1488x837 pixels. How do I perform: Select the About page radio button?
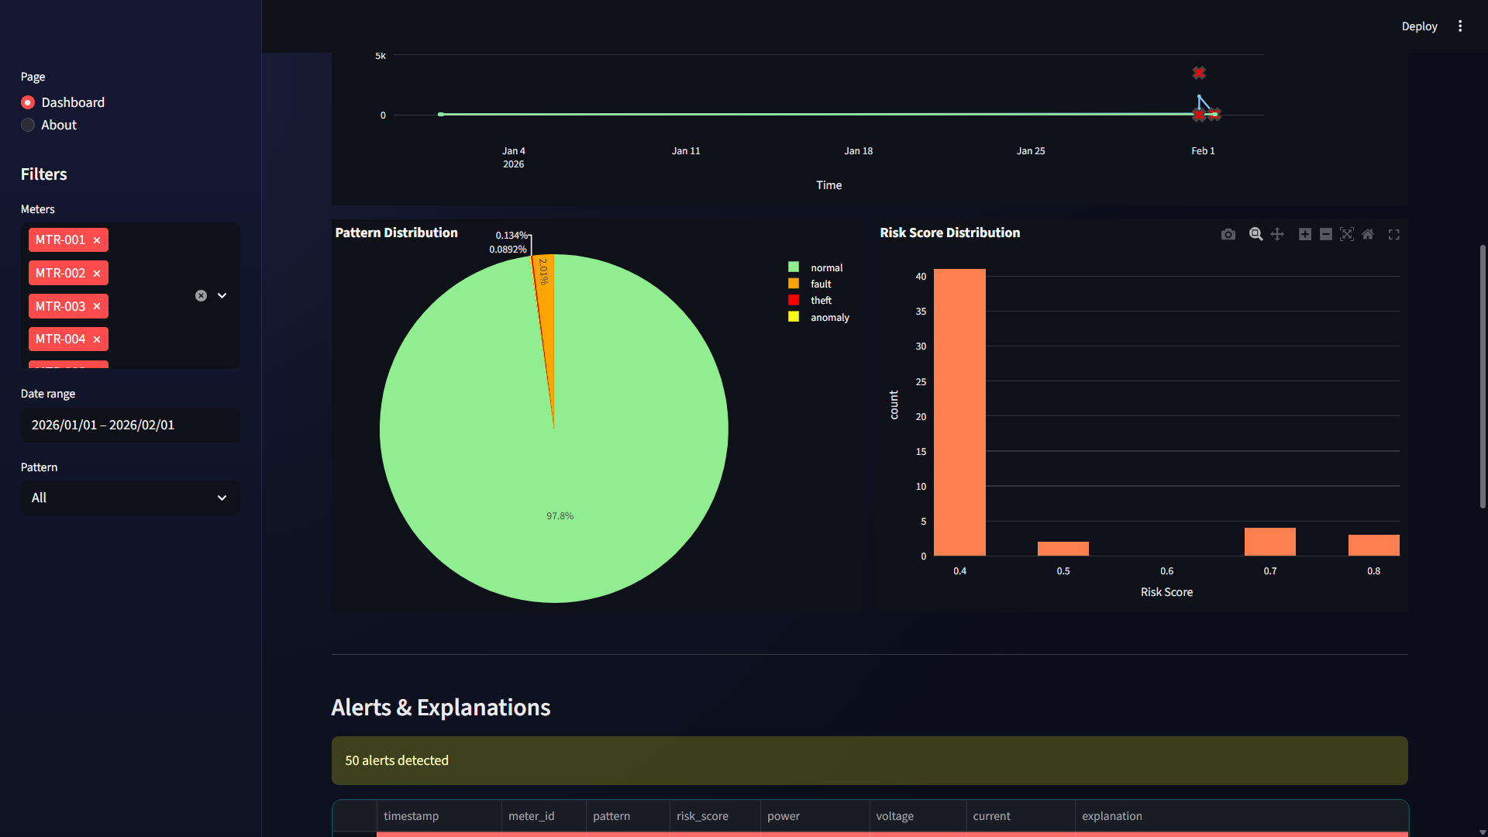pos(28,125)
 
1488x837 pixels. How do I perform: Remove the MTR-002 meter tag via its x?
pos(97,274)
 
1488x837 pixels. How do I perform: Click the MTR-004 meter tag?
pos(60,339)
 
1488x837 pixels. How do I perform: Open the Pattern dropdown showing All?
pos(130,498)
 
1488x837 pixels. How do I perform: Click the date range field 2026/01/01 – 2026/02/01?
pos(130,425)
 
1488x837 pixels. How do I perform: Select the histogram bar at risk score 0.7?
pos(1269,542)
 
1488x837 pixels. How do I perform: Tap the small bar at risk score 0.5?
pos(1063,549)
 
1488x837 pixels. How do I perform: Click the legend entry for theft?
pos(820,301)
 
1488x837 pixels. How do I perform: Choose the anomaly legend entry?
pos(828,318)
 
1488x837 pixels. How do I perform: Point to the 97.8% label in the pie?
pos(560,516)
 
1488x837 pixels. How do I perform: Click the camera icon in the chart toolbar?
pos(1228,234)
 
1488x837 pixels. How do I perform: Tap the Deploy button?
pos(1419,26)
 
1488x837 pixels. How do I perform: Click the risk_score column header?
pos(702,816)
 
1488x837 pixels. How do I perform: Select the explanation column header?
pos(1111,816)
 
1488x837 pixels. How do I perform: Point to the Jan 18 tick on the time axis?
pos(858,151)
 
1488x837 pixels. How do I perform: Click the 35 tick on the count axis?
pos(921,312)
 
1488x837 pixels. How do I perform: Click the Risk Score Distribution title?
pos(949,232)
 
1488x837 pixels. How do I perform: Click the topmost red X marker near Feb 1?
pos(1199,73)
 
